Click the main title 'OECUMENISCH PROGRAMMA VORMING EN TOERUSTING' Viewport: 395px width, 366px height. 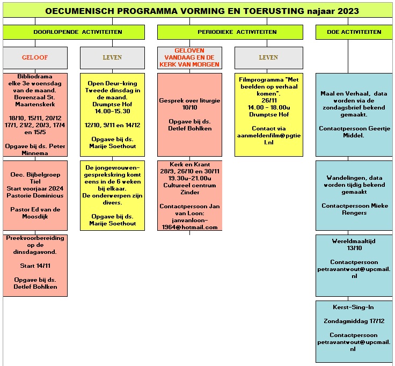[175, 11]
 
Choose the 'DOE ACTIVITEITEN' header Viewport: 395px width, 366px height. [354, 32]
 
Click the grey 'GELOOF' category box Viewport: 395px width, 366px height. [35, 57]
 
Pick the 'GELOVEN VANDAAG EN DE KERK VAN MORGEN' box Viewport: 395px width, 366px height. [189, 57]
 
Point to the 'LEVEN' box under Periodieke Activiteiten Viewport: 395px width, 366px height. [268, 57]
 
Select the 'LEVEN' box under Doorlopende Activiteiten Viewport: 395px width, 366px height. [112, 57]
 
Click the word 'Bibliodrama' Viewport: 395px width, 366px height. [35, 76]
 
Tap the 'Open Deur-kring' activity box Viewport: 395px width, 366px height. [112, 115]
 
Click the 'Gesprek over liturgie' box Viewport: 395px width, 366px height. [189, 115]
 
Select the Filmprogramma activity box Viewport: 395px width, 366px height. [268, 115]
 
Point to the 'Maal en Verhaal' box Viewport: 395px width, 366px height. [354, 115]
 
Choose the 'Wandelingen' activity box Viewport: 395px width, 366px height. [354, 195]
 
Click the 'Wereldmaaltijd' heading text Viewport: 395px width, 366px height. [354, 241]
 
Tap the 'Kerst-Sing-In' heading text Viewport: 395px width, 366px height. [353, 308]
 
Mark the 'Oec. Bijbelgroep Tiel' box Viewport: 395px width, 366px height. [35, 195]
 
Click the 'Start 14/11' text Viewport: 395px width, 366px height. [35, 266]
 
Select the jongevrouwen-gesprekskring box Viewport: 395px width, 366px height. [112, 195]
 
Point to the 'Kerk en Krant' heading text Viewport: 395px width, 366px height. [189, 165]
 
